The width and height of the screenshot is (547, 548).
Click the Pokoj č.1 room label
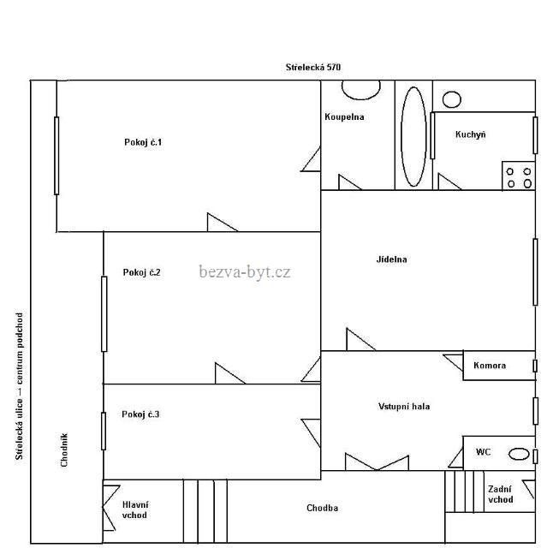coord(143,142)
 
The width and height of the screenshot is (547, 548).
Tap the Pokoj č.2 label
coord(141,272)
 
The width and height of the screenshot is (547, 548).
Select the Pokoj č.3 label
coord(140,414)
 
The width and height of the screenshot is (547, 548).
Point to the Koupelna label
coord(344,117)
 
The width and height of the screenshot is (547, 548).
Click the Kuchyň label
coord(470,134)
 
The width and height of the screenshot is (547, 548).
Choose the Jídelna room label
coord(391,259)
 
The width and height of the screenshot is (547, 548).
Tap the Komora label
coord(490,366)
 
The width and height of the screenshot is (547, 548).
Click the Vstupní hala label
coord(404,407)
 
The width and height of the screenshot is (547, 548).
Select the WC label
coord(483,452)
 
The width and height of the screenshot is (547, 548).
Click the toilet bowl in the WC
coord(519,454)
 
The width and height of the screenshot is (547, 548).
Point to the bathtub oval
coord(414,137)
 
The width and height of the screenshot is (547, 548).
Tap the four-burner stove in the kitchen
coord(519,176)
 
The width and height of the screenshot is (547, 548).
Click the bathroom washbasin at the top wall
coord(361,90)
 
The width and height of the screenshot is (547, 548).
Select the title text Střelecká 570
coord(313,67)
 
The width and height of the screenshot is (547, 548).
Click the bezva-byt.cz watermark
coord(245,271)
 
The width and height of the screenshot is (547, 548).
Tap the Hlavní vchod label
coord(135,510)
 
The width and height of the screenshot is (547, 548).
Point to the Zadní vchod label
coord(501,495)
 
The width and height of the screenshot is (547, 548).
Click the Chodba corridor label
coord(322,508)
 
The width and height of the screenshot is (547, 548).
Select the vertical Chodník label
coord(64,450)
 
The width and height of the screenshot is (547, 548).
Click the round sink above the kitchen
coord(452,99)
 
